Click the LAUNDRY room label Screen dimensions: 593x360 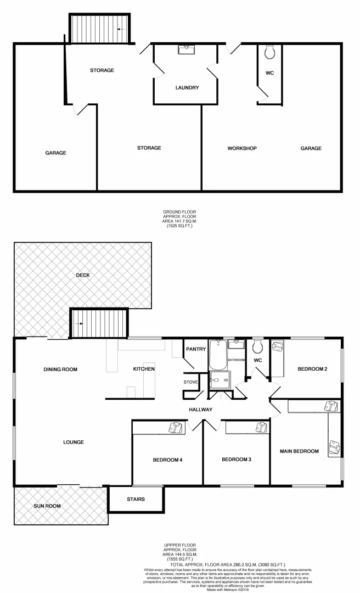click(187, 88)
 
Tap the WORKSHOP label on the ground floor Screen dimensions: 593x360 click(242, 148)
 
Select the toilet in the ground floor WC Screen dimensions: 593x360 click(269, 53)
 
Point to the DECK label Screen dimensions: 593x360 click(83, 275)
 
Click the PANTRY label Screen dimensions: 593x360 click(195, 349)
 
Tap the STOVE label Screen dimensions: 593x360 click(191, 382)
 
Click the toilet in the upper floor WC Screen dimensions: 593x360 click(257, 347)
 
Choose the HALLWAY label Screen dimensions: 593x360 click(200, 410)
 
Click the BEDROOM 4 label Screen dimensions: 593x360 click(168, 460)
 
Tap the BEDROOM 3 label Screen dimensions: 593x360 click(237, 460)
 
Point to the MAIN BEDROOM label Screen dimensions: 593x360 click(299, 451)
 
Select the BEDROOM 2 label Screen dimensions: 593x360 click(312, 369)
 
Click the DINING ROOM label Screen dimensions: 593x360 click(60, 370)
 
